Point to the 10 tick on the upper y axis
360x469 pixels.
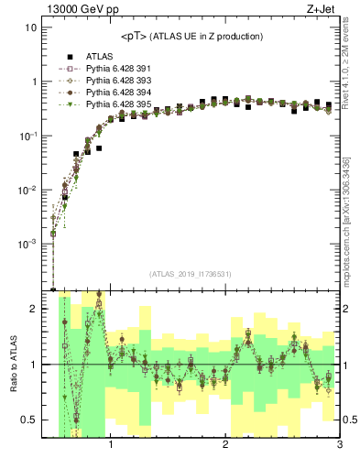pos(30,27)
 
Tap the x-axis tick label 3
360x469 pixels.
pos(339,446)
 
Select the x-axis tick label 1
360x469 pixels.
pos(111,446)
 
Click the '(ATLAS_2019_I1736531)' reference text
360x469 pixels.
pos(191,274)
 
